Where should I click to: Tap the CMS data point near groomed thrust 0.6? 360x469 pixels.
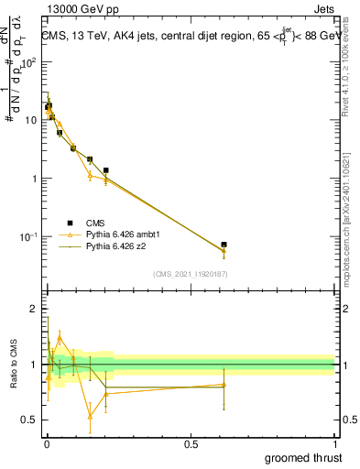pos(224,245)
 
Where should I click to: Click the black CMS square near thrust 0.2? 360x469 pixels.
pos(106,170)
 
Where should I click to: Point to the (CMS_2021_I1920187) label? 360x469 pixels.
pos(190,274)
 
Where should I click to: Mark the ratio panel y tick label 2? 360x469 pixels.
pos(34,310)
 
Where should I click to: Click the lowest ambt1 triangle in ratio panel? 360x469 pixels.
pos(90,416)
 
